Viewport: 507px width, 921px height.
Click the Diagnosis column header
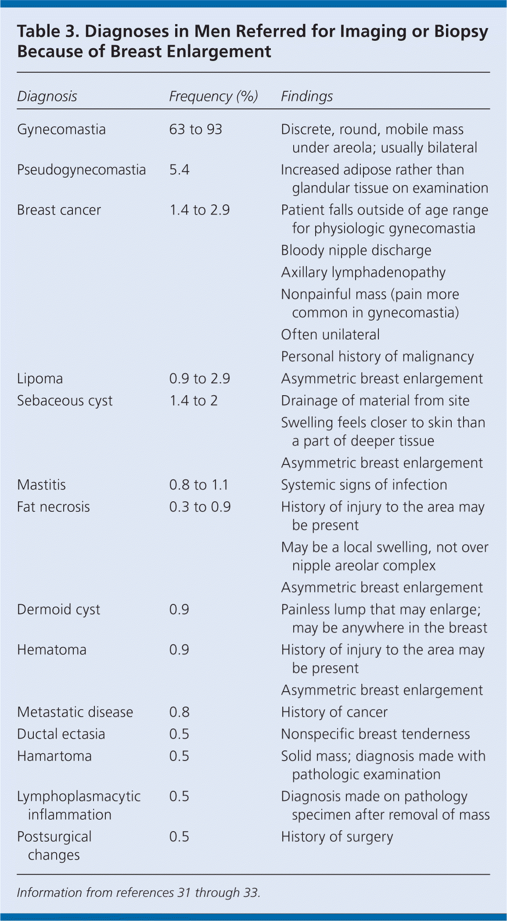(x=47, y=96)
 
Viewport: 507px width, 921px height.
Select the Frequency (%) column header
(x=213, y=96)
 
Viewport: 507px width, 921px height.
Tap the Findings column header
(x=307, y=96)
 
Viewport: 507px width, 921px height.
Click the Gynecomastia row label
(x=61, y=129)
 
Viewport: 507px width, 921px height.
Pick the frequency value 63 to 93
(x=196, y=129)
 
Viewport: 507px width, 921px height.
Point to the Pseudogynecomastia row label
(x=81, y=170)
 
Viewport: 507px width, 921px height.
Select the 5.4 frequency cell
(x=180, y=170)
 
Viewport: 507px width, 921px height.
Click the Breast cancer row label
(x=59, y=210)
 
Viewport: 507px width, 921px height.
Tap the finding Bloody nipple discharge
(x=356, y=250)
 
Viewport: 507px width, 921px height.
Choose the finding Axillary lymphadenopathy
(x=363, y=272)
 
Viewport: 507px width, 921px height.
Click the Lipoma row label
(x=40, y=378)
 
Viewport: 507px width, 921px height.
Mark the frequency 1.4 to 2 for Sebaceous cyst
(x=194, y=400)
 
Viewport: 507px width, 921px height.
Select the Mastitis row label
(x=41, y=485)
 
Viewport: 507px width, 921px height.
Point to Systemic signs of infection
(x=364, y=485)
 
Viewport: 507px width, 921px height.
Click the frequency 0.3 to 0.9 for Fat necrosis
(x=200, y=507)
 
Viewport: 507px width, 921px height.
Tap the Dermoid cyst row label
(x=58, y=609)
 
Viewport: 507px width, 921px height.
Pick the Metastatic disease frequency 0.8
(x=180, y=712)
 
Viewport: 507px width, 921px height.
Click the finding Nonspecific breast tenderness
(x=375, y=734)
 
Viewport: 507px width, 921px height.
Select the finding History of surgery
(x=337, y=836)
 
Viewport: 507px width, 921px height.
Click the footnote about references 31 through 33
(x=139, y=892)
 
